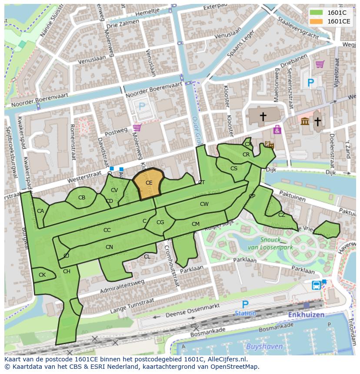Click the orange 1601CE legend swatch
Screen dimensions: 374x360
tap(317, 21)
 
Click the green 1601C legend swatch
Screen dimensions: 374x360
tap(317, 12)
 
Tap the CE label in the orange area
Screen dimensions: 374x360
tap(149, 183)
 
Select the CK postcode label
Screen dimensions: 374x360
tap(42, 275)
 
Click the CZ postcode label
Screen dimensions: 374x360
tap(282, 215)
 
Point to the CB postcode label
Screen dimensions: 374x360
tap(82, 198)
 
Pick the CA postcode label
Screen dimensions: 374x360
tap(40, 211)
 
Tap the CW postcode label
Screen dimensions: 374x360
tap(204, 204)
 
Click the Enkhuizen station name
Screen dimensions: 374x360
tap(304, 314)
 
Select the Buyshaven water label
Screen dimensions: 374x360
tap(264, 347)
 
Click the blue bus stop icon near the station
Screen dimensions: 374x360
tap(317, 285)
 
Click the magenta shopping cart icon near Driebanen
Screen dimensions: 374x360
tap(320, 64)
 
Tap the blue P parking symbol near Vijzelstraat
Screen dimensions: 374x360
tap(310, 83)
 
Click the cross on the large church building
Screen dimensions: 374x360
tap(263, 116)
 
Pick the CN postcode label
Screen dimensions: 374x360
tap(109, 247)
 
